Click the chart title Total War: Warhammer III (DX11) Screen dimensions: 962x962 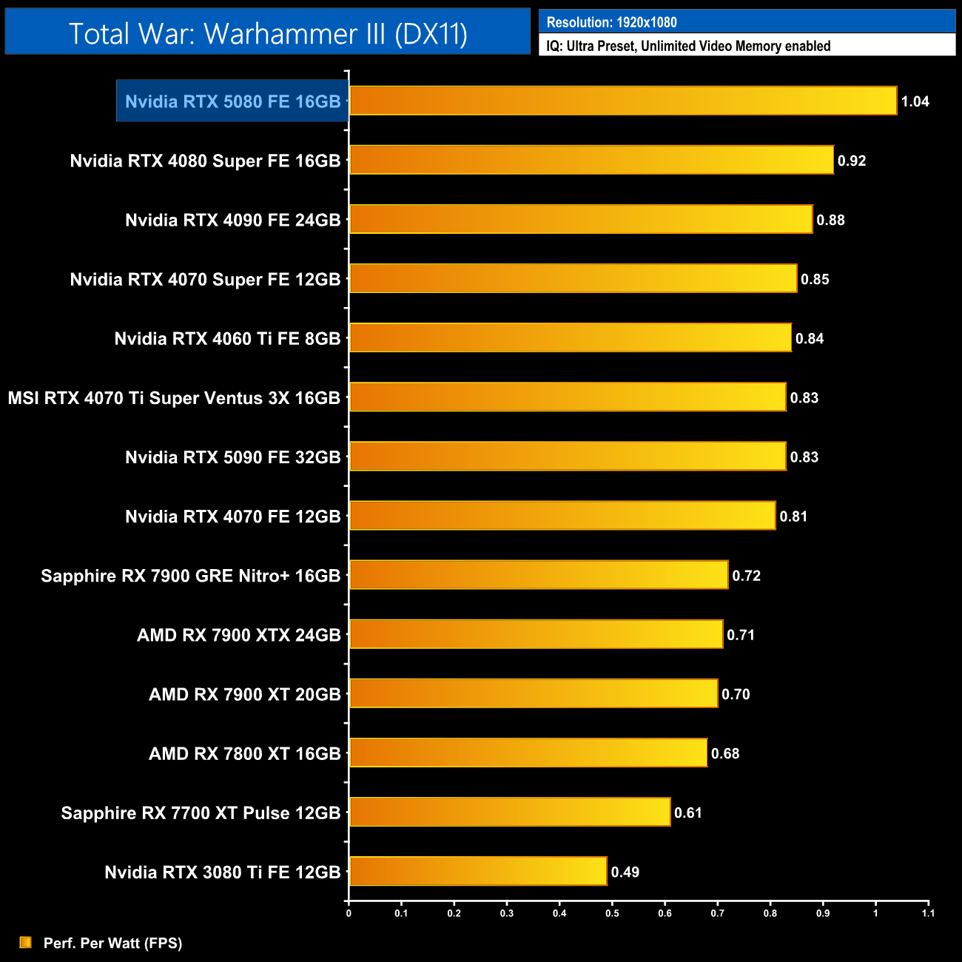(x=268, y=34)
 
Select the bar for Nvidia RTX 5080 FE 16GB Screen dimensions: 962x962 (x=622, y=101)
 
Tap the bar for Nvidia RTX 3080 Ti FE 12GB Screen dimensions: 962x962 (x=477, y=871)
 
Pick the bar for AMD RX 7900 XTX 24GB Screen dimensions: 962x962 (x=536, y=634)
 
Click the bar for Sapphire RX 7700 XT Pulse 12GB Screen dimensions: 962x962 (x=509, y=812)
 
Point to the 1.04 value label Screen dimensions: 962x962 (x=915, y=101)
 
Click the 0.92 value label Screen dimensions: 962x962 (x=851, y=161)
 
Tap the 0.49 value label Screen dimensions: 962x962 (x=625, y=872)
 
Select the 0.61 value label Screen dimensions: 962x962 (x=687, y=813)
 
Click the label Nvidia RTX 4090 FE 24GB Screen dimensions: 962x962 (x=232, y=220)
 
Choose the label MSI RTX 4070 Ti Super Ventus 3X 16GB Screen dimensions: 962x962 (x=174, y=398)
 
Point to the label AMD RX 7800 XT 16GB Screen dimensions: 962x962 (x=244, y=753)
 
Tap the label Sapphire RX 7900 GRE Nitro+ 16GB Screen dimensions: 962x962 (x=190, y=576)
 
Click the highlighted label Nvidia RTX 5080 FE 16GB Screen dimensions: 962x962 (x=232, y=101)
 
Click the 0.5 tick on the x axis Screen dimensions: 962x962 (x=612, y=913)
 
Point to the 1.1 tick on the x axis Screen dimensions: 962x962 (x=928, y=913)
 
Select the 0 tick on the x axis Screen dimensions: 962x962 (x=349, y=913)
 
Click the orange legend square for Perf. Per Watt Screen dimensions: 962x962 (x=26, y=942)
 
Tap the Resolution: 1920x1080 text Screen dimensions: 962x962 (x=611, y=22)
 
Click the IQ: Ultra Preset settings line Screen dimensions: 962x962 (x=688, y=46)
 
